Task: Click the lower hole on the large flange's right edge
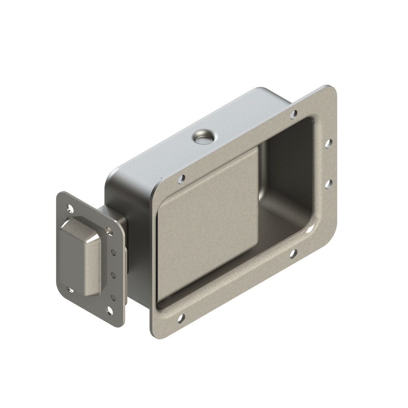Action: pyautogui.click(x=329, y=184)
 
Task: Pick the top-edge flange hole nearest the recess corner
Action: pyautogui.click(x=294, y=114)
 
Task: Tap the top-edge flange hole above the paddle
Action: pyautogui.click(x=181, y=179)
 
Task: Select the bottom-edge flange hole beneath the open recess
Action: pyautogui.click(x=293, y=253)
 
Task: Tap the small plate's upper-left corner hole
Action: pyautogui.click(x=71, y=208)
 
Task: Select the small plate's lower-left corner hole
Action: pyautogui.click(x=71, y=290)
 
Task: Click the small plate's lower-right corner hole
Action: pyautogui.click(x=109, y=310)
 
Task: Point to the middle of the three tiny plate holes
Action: pyautogui.click(x=113, y=275)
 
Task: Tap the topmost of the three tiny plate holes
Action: pyautogui.click(x=114, y=252)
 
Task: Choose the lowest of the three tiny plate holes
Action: pyautogui.click(x=113, y=297)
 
